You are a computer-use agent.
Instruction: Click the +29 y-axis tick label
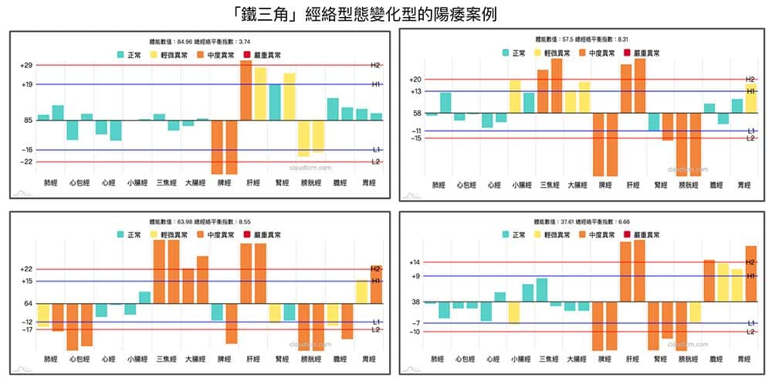point(25,65)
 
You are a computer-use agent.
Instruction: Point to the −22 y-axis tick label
point(25,162)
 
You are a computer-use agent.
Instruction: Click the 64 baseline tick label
point(28,304)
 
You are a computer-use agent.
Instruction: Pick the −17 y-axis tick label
point(25,330)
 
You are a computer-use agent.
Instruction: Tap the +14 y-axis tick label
point(414,263)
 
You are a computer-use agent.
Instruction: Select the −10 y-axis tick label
point(415,332)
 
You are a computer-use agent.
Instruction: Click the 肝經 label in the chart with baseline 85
point(252,183)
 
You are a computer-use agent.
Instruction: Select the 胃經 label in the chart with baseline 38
point(745,359)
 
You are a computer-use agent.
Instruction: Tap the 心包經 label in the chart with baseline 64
point(80,359)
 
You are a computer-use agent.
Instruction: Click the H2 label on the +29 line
point(376,65)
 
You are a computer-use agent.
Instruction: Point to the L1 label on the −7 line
point(751,322)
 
